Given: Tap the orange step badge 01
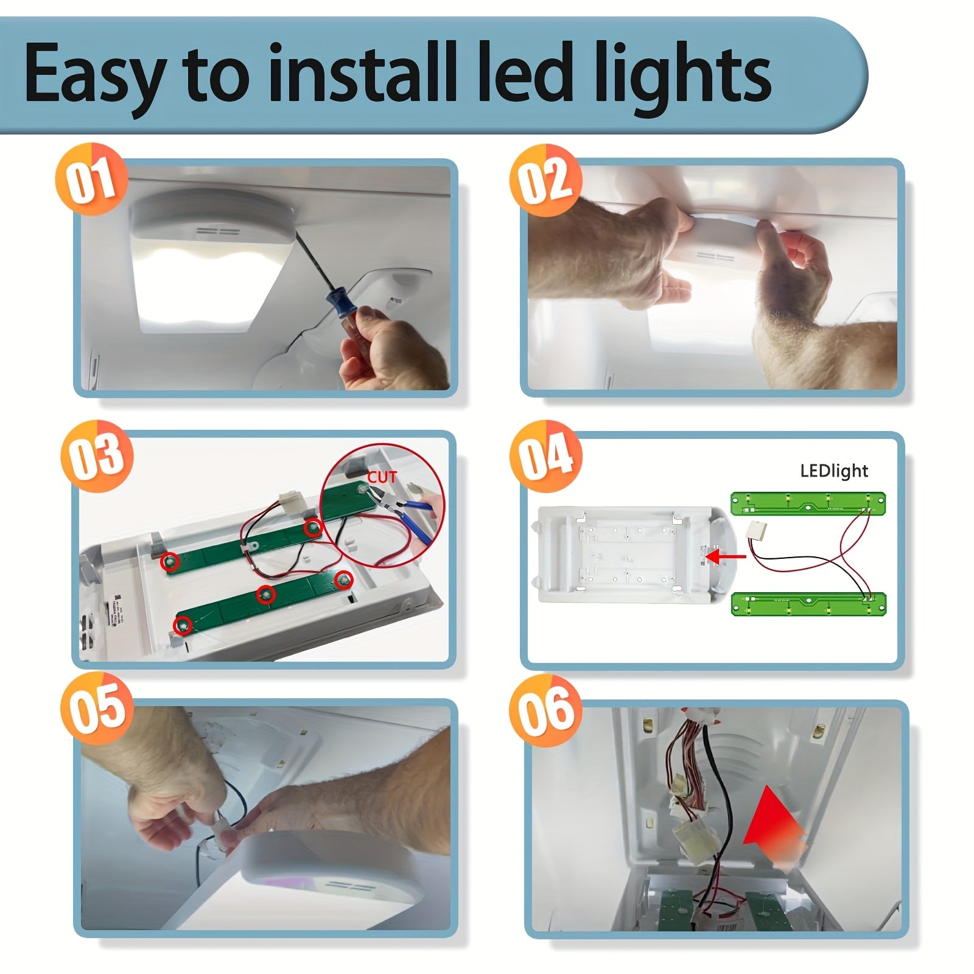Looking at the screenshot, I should click(91, 180).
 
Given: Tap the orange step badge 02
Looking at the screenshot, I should click(545, 180).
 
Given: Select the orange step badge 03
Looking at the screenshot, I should click(96, 456).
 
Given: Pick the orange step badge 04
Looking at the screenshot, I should click(545, 456).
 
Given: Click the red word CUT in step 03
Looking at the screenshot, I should click(382, 477).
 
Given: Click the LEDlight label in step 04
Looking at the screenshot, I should click(833, 471).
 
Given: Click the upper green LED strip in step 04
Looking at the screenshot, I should click(807, 504).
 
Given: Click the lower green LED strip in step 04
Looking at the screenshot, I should click(807, 604).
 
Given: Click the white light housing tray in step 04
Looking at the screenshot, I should click(633, 555).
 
